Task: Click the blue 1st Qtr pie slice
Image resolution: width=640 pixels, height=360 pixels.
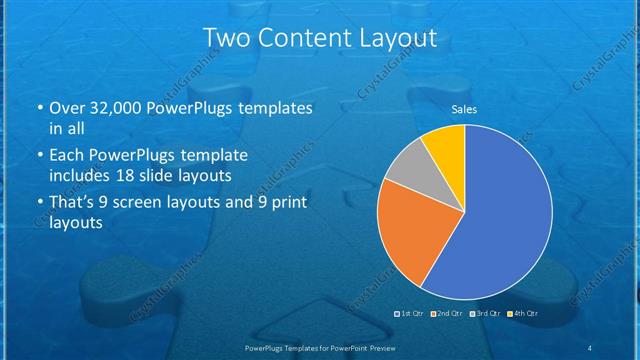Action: tap(500, 220)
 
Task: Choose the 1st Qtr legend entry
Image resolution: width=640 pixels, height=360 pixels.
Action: tap(411, 314)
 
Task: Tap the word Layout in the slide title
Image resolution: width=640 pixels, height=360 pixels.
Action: tap(400, 39)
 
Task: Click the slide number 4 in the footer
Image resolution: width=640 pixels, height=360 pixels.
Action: tap(589, 348)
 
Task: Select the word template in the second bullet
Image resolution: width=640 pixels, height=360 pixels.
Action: tap(214, 155)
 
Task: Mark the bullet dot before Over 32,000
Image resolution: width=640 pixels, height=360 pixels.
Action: tap(38, 107)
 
